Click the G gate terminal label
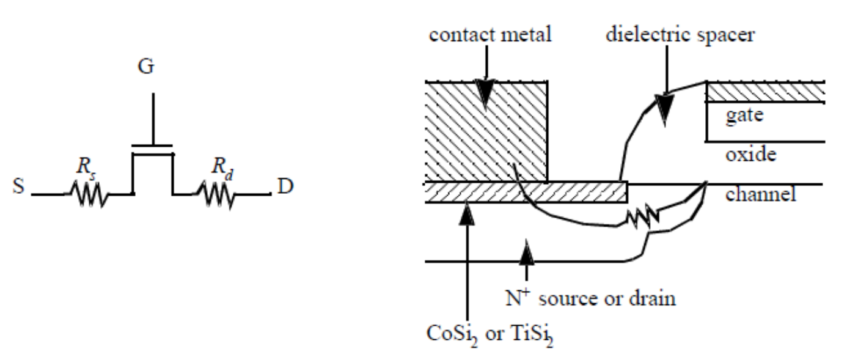(x=146, y=66)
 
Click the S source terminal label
(x=19, y=186)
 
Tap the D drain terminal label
(x=285, y=186)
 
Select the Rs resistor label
(x=86, y=167)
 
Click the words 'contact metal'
(x=490, y=34)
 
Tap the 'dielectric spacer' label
(x=680, y=35)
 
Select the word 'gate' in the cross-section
(x=744, y=116)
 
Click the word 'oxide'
(x=750, y=154)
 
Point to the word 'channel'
(x=761, y=194)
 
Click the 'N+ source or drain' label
(x=591, y=298)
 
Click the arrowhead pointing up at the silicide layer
(x=466, y=213)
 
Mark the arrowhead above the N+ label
(x=527, y=253)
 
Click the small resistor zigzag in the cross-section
(x=643, y=219)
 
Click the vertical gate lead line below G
(x=153, y=119)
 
